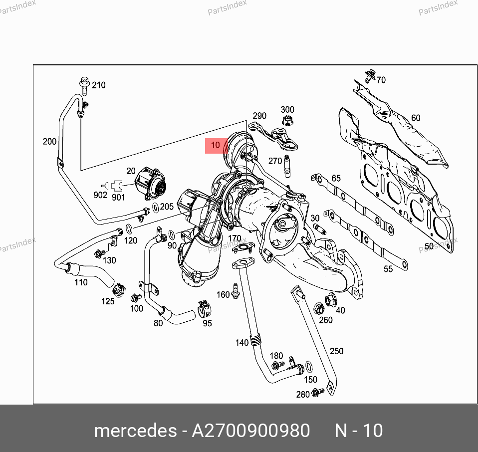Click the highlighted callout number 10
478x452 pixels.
[x=216, y=145]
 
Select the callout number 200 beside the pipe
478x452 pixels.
[x=49, y=141]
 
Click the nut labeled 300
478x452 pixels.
[x=286, y=120]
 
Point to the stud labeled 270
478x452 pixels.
[x=286, y=166]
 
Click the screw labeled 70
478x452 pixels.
[x=370, y=76]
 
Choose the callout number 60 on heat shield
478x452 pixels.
[x=416, y=118]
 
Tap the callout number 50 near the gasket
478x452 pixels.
[x=429, y=246]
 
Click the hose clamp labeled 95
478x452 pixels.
[x=205, y=309]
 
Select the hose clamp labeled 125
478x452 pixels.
[x=119, y=290]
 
